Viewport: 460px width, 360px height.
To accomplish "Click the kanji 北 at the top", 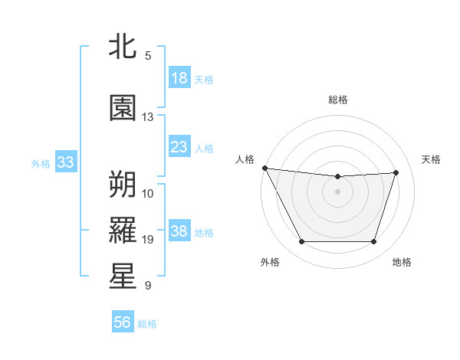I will pos(123,47).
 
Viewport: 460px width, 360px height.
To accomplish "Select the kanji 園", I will pos(123,108).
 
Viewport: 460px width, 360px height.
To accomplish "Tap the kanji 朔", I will pos(123,183).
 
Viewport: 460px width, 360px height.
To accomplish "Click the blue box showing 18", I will pos(179,78).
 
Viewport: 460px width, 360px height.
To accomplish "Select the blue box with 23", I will pos(179,147).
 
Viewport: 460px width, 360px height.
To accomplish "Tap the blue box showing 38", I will pos(179,231).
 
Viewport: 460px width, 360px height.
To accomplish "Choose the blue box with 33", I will pos(65,162).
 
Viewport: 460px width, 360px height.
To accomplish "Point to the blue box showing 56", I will pos(123,322).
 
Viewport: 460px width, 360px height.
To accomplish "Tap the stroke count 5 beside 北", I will pos(148,55).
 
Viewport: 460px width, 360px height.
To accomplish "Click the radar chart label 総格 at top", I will pos(338,100).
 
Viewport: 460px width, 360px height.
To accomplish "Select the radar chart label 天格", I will pos(432,159).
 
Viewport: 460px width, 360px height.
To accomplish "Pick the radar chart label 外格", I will pos(270,262).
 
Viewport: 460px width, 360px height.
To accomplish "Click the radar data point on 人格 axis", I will pos(264,168).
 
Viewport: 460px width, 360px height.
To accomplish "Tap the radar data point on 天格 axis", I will pos(396,172).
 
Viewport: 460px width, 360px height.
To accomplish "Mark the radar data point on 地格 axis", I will pos(374,242).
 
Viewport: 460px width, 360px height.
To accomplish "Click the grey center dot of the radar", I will pos(337,191).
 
